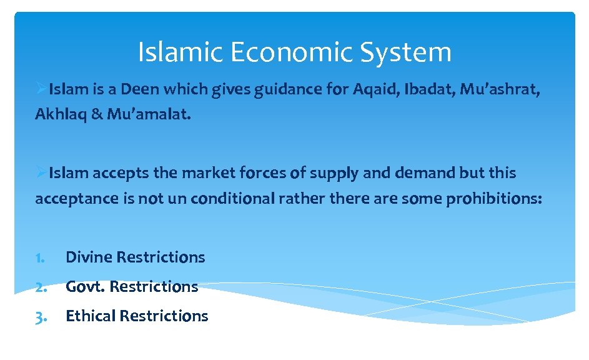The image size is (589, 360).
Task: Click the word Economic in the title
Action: (x=291, y=52)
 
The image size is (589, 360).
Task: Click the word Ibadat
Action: (x=429, y=89)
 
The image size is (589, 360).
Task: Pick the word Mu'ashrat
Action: (x=499, y=89)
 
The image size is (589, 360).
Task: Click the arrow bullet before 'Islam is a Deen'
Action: (x=41, y=89)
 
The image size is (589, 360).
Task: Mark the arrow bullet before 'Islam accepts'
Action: (x=41, y=172)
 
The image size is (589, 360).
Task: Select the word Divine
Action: (x=89, y=257)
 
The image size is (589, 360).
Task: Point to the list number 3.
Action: (x=41, y=317)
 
